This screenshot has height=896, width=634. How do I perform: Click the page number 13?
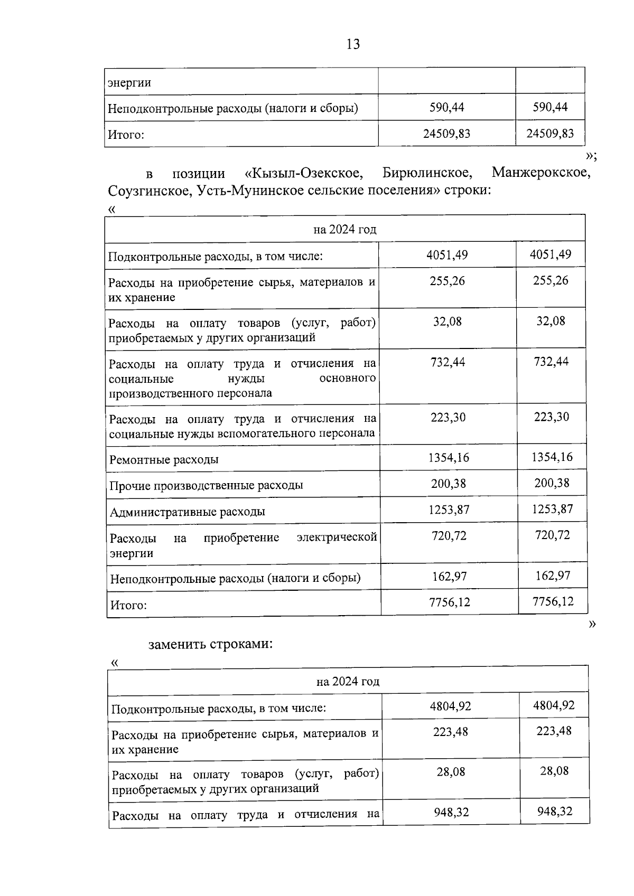pos(353,44)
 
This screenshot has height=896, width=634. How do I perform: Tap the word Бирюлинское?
pos(426,173)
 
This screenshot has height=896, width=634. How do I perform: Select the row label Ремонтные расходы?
pos(164,459)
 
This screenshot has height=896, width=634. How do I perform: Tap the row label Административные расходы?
pos(188,512)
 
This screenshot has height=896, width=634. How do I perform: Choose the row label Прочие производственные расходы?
pos(206,485)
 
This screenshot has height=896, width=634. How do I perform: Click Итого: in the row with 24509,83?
pos(126,135)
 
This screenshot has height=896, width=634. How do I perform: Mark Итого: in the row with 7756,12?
pos(128,605)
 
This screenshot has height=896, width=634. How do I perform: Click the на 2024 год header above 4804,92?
pos(348,682)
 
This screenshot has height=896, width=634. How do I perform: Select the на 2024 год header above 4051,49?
pos(344,230)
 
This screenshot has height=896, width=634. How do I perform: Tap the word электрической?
pos(337,537)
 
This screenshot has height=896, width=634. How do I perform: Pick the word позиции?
pos(199,174)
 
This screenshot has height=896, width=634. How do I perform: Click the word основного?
pos(348,378)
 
